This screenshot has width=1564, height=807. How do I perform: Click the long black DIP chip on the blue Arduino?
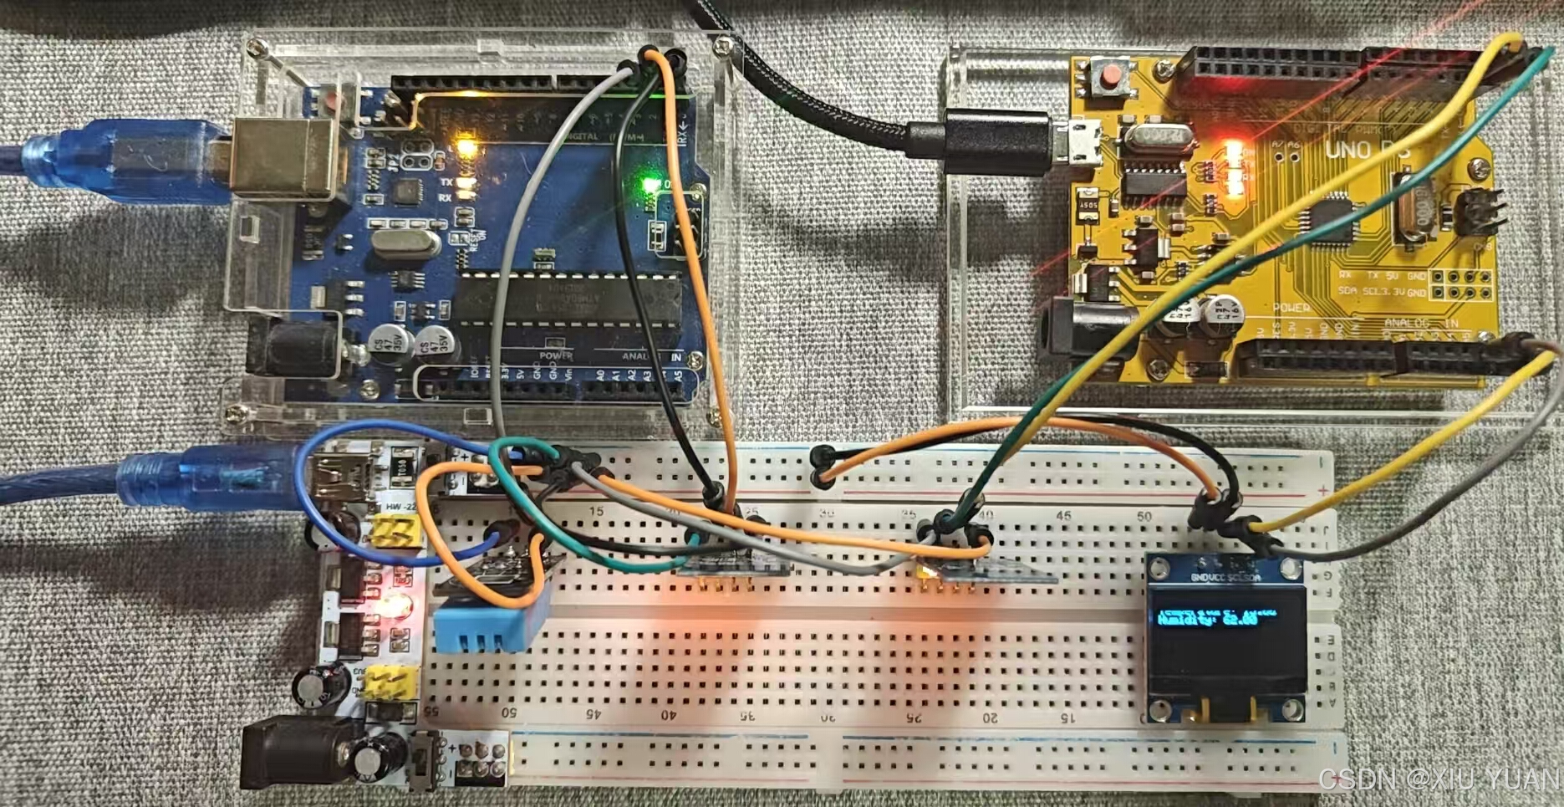coord(568,301)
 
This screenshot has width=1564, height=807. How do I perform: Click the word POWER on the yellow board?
coord(1291,309)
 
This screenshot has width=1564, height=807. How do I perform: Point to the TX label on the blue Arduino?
coord(446,181)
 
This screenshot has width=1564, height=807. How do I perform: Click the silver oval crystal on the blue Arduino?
coord(404,243)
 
